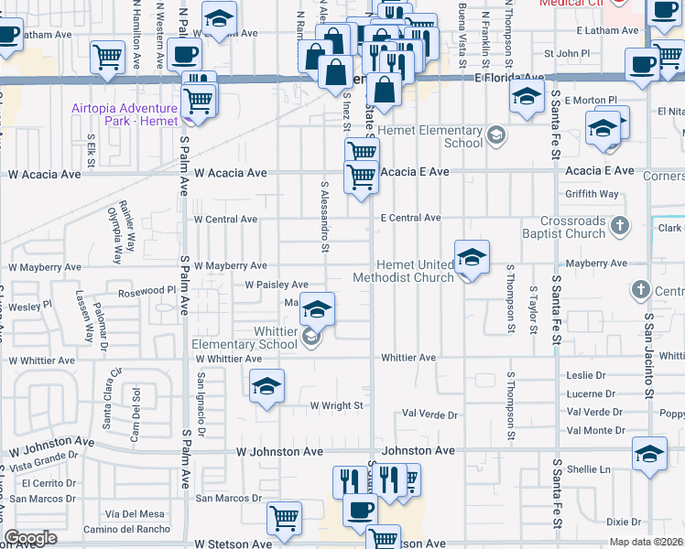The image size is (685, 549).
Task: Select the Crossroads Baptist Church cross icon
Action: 620,223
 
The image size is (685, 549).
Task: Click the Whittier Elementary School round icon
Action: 310,339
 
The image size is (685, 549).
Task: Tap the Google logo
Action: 30,538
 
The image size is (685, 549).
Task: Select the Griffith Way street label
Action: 593,194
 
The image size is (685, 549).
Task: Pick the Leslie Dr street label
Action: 586,375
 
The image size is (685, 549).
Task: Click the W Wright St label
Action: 336,405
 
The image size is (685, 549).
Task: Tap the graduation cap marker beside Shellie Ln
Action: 649,455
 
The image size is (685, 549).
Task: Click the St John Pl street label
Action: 565,54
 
